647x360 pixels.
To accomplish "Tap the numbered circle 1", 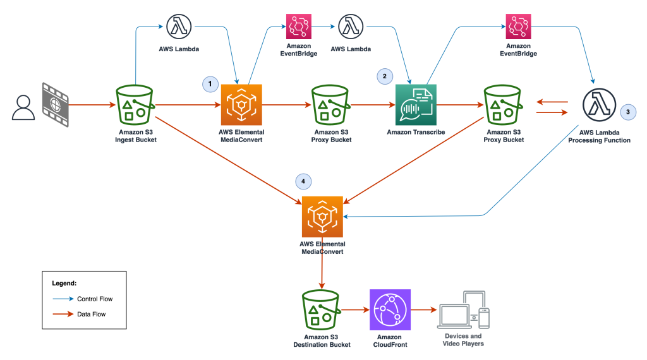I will coord(210,83).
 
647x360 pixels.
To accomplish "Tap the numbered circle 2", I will coord(383,76).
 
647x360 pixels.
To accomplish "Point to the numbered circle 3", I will coord(627,111).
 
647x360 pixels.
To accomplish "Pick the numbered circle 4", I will coord(304,181).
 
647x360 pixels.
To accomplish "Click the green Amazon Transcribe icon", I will coord(416,104).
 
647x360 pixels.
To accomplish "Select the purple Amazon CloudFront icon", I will coord(390,309).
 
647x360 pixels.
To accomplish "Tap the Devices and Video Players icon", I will coord(463,309).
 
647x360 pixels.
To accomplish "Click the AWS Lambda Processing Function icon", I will coord(598,105).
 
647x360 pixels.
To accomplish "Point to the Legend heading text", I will coord(64,284).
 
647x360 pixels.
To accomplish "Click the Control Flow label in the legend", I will coord(94,299).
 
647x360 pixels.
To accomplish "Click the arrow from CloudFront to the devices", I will coord(423,310).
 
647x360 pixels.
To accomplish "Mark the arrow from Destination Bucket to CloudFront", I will coord(355,310).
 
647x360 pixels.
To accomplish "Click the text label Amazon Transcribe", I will coord(416,132).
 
